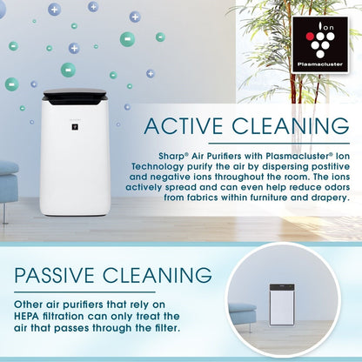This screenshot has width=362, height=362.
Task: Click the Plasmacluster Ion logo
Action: point(321,44)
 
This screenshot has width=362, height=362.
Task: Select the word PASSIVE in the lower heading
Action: point(56,276)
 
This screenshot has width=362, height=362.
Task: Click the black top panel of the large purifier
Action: point(76,95)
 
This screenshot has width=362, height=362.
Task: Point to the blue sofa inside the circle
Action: point(243,314)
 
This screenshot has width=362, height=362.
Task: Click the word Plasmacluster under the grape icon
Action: point(321,64)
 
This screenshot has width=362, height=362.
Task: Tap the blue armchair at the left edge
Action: point(9,183)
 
